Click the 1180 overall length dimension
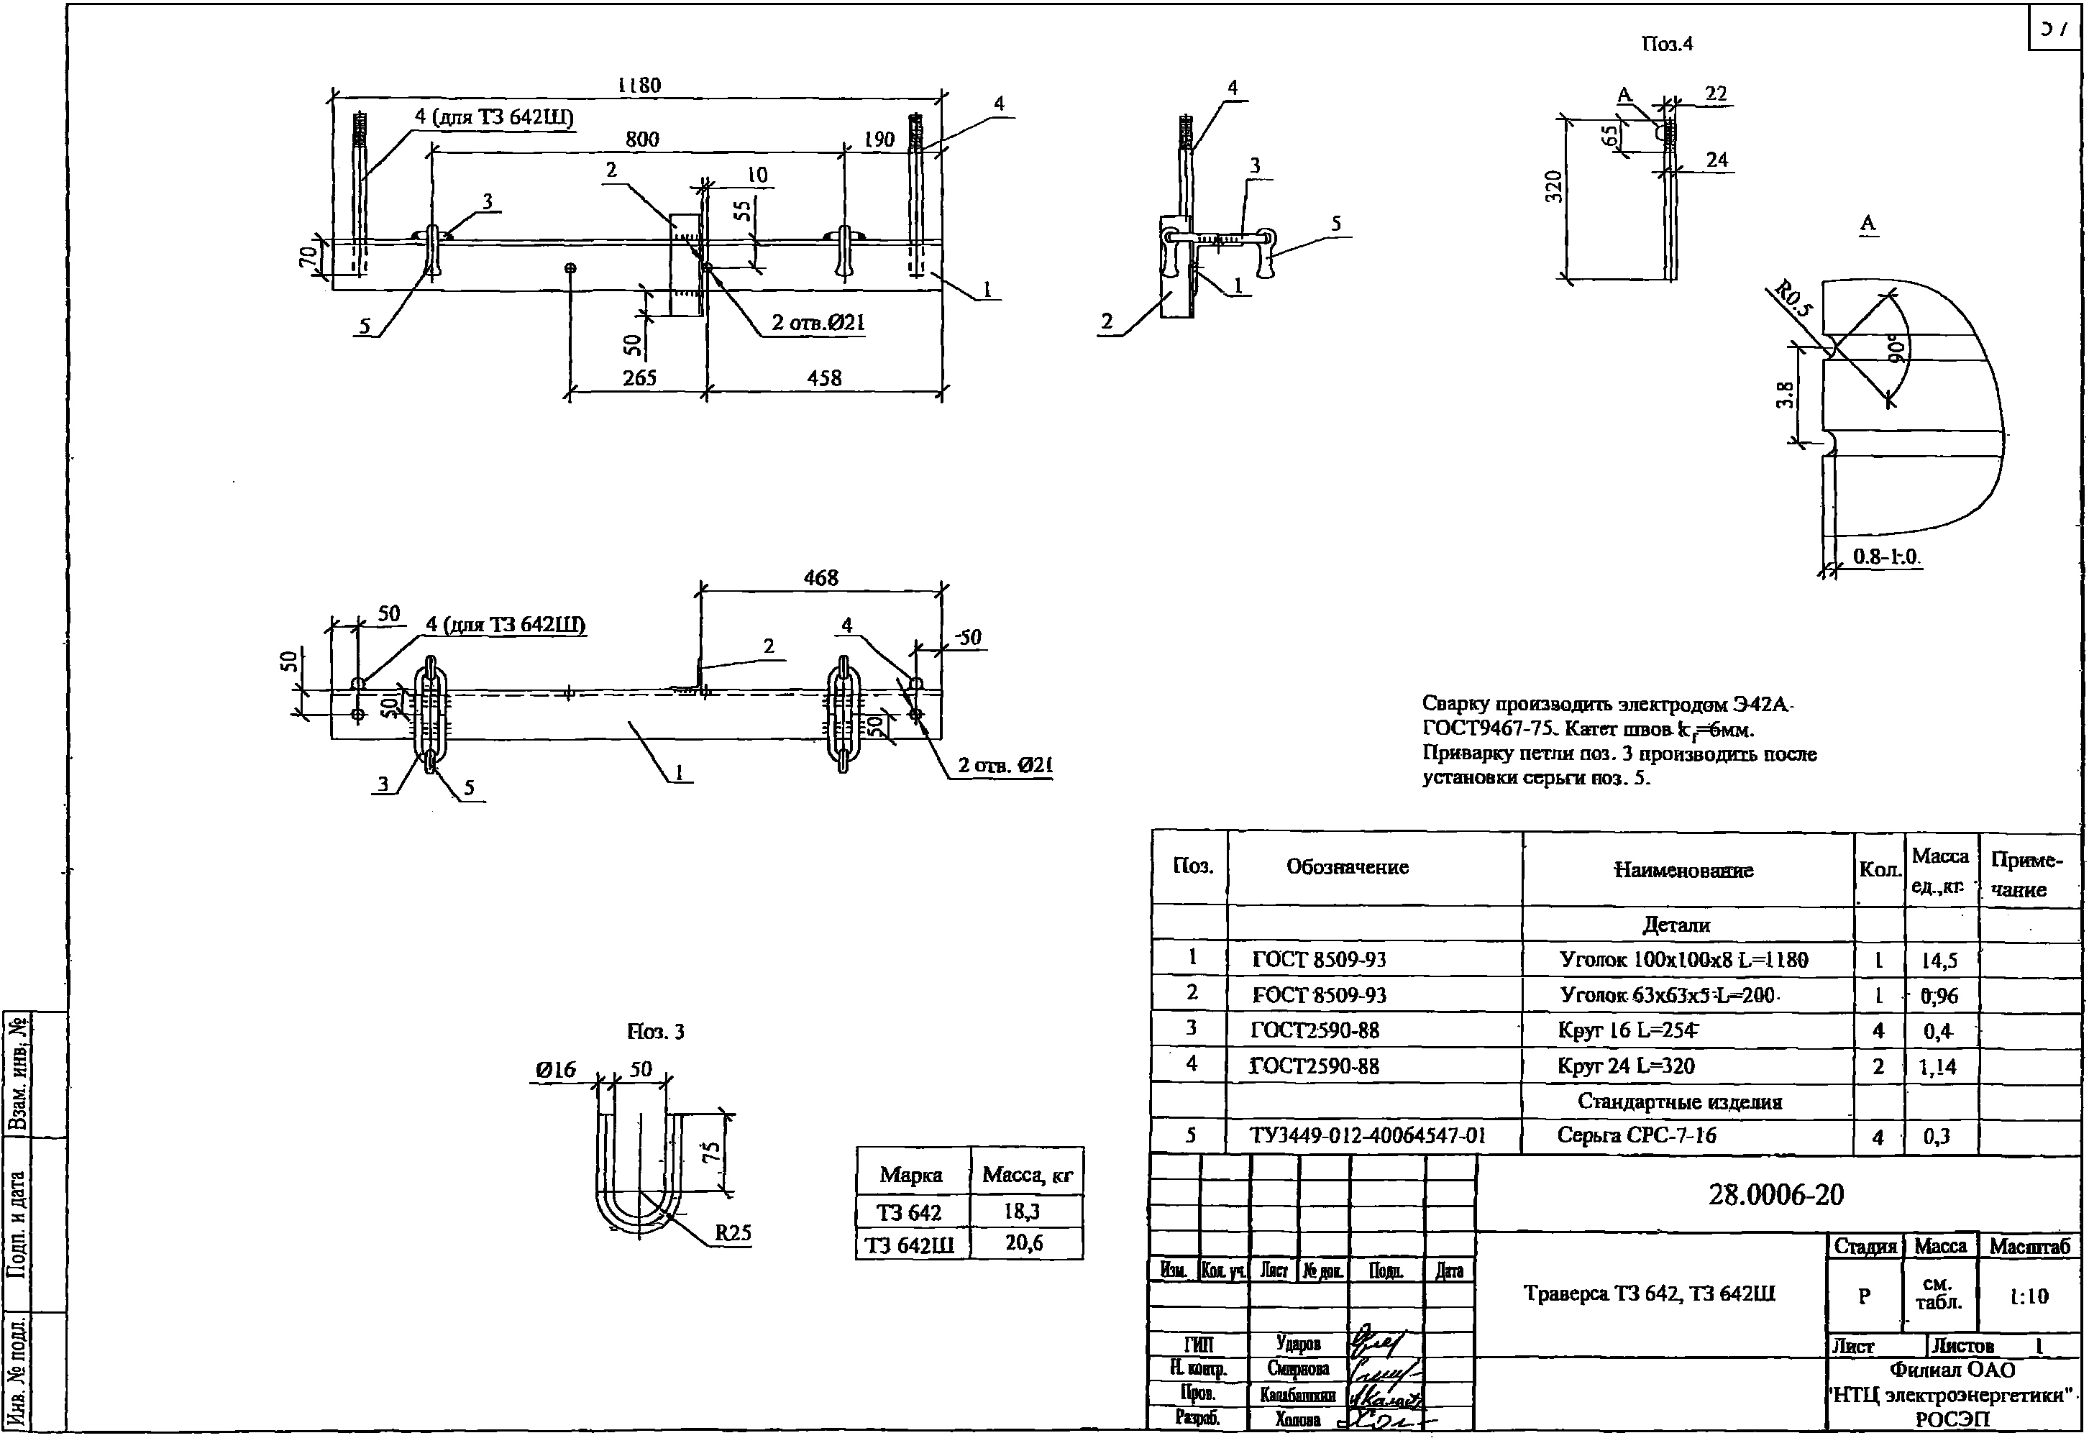(x=639, y=86)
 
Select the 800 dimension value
(x=641, y=139)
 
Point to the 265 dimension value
(x=639, y=377)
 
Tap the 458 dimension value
(x=823, y=377)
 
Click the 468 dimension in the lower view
(x=820, y=577)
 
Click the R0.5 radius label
(x=1793, y=300)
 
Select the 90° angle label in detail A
(x=1897, y=348)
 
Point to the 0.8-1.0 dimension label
(x=1886, y=557)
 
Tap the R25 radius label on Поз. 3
(x=733, y=1232)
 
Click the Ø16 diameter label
(x=555, y=1069)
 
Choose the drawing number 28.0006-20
(x=1775, y=1195)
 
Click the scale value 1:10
(x=2029, y=1296)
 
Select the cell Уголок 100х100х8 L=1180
(x=1683, y=960)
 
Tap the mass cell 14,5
(x=1939, y=961)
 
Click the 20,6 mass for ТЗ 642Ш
(x=1024, y=1243)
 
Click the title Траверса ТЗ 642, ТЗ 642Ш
(x=1649, y=1293)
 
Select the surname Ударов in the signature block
(x=1299, y=1343)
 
